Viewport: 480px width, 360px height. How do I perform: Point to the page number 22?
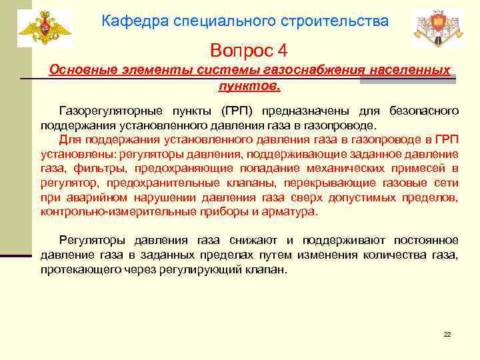tap(447, 333)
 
